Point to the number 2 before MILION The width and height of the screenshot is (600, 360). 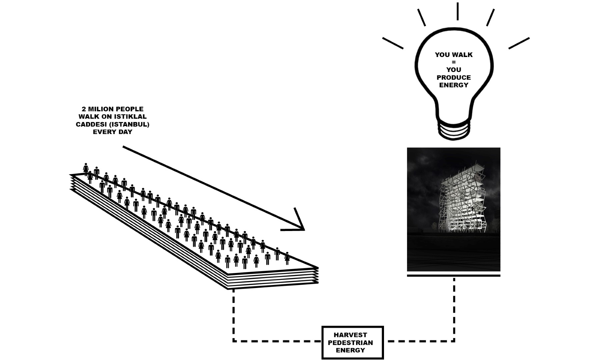pos(84,109)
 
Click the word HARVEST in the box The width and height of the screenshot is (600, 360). pos(350,335)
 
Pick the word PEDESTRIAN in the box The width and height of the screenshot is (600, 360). pos(350,342)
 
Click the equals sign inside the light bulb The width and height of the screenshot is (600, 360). pos(454,62)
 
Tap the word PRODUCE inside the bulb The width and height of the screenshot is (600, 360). pos(454,77)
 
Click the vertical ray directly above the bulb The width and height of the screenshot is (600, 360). pos(458,11)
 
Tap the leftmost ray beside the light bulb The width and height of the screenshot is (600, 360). pos(393,43)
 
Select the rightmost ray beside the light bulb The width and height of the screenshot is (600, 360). pos(519,43)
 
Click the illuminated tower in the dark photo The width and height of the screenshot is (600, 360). pos(462,203)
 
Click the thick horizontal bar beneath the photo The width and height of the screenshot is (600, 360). pos(454,275)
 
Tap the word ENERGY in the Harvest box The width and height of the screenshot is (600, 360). pos(350,350)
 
